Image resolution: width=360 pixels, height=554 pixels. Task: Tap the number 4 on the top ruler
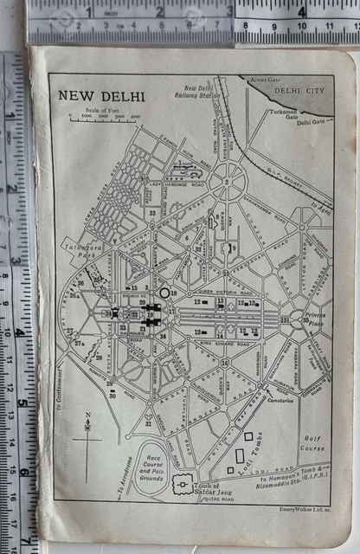point(301,12)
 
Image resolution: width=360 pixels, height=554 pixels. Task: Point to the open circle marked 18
point(164,293)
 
